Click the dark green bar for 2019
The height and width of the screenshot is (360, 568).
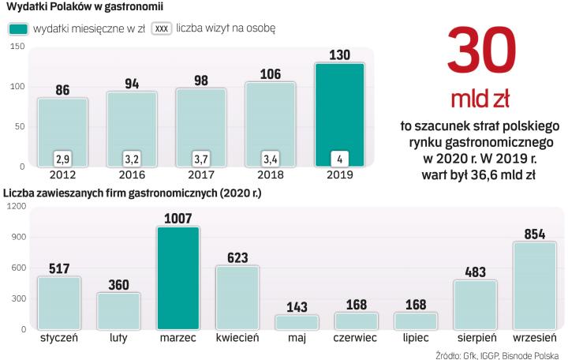click(x=339, y=114)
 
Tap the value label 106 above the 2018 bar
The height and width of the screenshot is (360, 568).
click(x=270, y=74)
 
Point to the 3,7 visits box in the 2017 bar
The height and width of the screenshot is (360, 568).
click(x=201, y=159)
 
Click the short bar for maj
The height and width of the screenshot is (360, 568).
click(x=297, y=322)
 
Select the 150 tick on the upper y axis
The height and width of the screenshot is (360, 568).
click(x=17, y=47)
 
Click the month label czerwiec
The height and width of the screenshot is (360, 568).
click(x=356, y=339)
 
